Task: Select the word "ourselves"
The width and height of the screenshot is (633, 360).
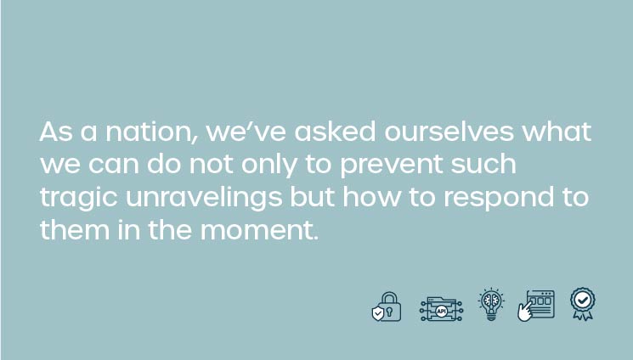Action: [x=449, y=132]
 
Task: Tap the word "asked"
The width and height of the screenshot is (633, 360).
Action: [x=335, y=132]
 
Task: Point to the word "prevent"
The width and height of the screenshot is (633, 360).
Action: [x=391, y=166]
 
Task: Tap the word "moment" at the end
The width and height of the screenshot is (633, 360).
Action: [x=259, y=230]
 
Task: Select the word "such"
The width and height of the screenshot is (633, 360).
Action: [x=483, y=164]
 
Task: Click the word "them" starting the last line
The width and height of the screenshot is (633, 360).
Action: [x=75, y=230]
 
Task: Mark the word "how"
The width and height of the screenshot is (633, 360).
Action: [x=372, y=197]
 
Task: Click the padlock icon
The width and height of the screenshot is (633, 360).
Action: [x=389, y=307]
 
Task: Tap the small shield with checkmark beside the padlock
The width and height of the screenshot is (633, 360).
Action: [x=378, y=313]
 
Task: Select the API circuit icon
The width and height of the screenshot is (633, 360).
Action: [x=441, y=309]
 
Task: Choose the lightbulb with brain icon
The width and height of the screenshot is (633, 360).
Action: [x=491, y=304]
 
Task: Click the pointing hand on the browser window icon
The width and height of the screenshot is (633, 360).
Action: [x=524, y=312]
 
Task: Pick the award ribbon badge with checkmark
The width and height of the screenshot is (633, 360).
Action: [x=583, y=303]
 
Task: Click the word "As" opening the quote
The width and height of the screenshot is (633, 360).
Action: [x=56, y=132]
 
